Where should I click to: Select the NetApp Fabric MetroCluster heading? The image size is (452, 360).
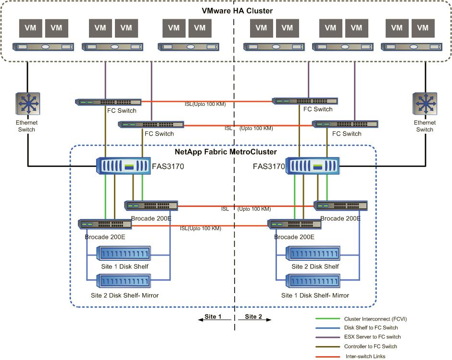(x=226, y=152)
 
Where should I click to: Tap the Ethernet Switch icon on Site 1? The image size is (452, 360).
(x=27, y=105)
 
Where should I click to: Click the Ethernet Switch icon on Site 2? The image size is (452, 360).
(x=425, y=105)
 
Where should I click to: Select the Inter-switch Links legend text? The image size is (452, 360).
(x=365, y=356)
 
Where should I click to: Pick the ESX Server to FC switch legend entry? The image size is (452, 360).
(x=372, y=337)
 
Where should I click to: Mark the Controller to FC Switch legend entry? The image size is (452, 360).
(x=370, y=346)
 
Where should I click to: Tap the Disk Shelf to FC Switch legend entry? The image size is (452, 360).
(x=371, y=328)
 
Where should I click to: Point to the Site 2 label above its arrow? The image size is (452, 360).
(x=253, y=317)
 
